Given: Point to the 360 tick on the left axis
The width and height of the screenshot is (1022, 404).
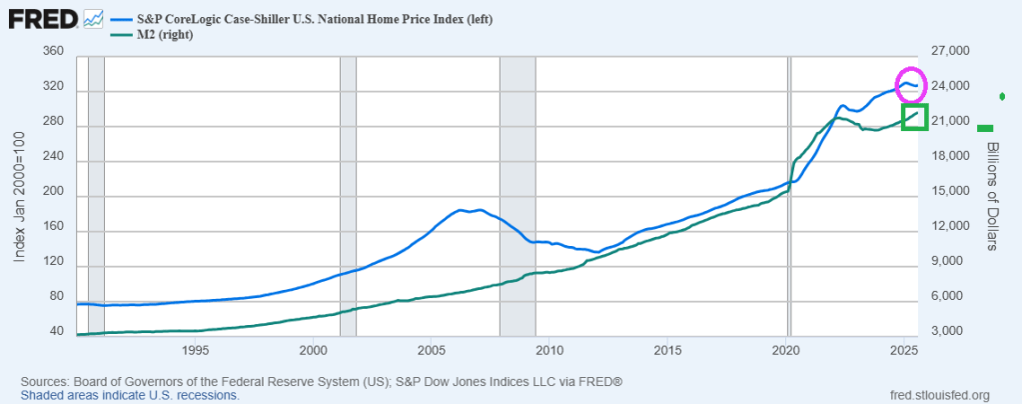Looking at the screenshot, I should pos(53,52).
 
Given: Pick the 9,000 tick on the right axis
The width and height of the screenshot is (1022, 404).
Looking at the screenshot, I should pos(951,262).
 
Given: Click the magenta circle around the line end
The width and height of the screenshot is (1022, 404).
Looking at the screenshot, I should pos(911,84).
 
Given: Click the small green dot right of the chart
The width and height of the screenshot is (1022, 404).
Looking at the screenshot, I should pos(1002,96).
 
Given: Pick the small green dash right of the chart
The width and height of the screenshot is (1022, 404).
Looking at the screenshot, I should pos(985,128).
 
